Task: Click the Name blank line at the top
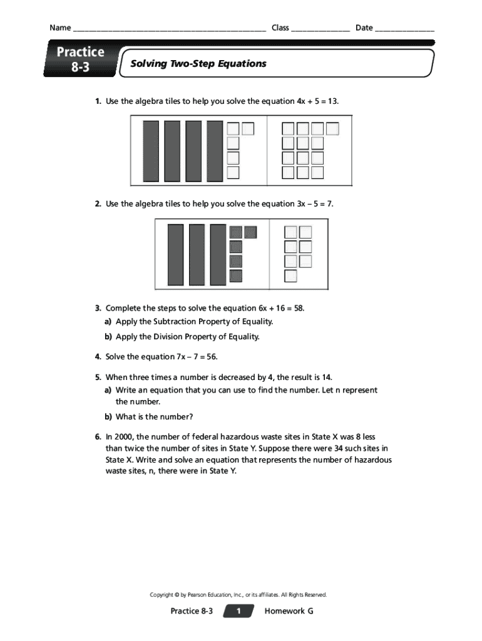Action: [x=169, y=29]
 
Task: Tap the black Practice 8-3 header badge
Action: [x=80, y=60]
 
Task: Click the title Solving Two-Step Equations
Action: [x=198, y=63]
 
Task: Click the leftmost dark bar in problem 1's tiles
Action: [x=151, y=151]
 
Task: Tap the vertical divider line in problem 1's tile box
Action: [x=267, y=150]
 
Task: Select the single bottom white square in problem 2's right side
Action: [x=290, y=275]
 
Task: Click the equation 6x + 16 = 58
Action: [x=273, y=308]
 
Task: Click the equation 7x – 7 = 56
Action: [x=188, y=357]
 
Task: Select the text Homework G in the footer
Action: [x=289, y=611]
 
